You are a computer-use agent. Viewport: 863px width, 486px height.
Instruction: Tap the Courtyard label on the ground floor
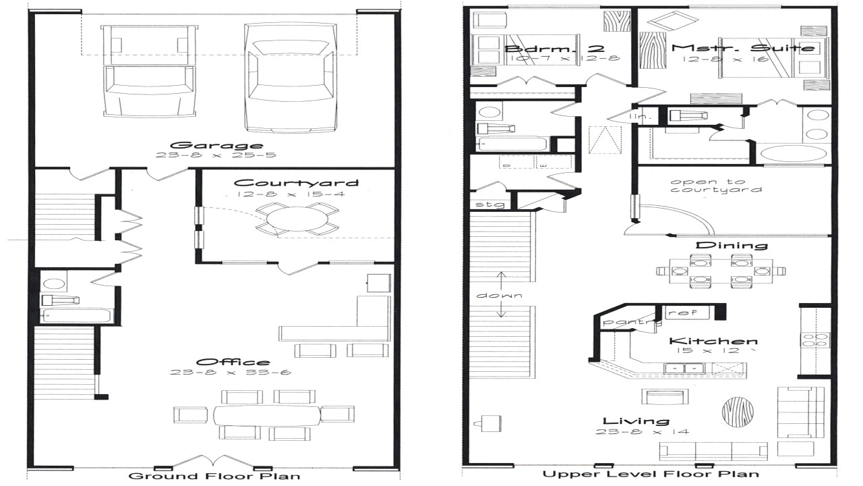pos(296,183)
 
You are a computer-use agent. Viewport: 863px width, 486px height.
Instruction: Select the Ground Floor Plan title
pos(214,476)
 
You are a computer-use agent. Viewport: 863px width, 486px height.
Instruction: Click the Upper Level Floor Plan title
pos(651,474)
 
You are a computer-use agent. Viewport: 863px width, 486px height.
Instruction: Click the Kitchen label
pos(713,342)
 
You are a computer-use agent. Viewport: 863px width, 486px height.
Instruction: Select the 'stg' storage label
pos(485,204)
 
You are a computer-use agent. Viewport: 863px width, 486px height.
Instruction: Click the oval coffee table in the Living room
pos(736,410)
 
